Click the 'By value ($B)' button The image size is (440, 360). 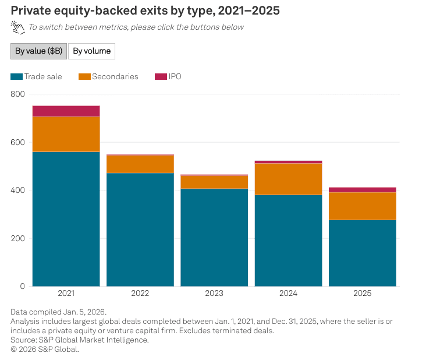[39, 51]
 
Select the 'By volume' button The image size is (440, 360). [92, 51]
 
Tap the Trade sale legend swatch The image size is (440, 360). [16, 76]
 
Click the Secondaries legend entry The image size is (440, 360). [108, 76]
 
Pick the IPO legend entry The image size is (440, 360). [168, 76]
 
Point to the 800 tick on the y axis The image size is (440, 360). [17, 94]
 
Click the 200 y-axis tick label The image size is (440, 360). [17, 238]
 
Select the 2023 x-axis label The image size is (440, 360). [214, 293]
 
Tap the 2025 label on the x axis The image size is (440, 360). [362, 293]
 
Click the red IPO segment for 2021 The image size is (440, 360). [66, 111]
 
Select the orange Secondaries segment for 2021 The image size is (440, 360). [66, 134]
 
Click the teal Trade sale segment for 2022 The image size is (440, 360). [140, 230]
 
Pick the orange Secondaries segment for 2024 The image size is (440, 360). [289, 179]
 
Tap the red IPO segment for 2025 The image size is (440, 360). [363, 190]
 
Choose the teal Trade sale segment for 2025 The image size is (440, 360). [363, 253]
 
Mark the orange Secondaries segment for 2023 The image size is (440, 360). [214, 182]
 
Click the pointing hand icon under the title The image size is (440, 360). [17, 27]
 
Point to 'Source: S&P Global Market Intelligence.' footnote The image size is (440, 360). [80, 340]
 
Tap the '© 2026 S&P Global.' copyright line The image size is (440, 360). [45, 349]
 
